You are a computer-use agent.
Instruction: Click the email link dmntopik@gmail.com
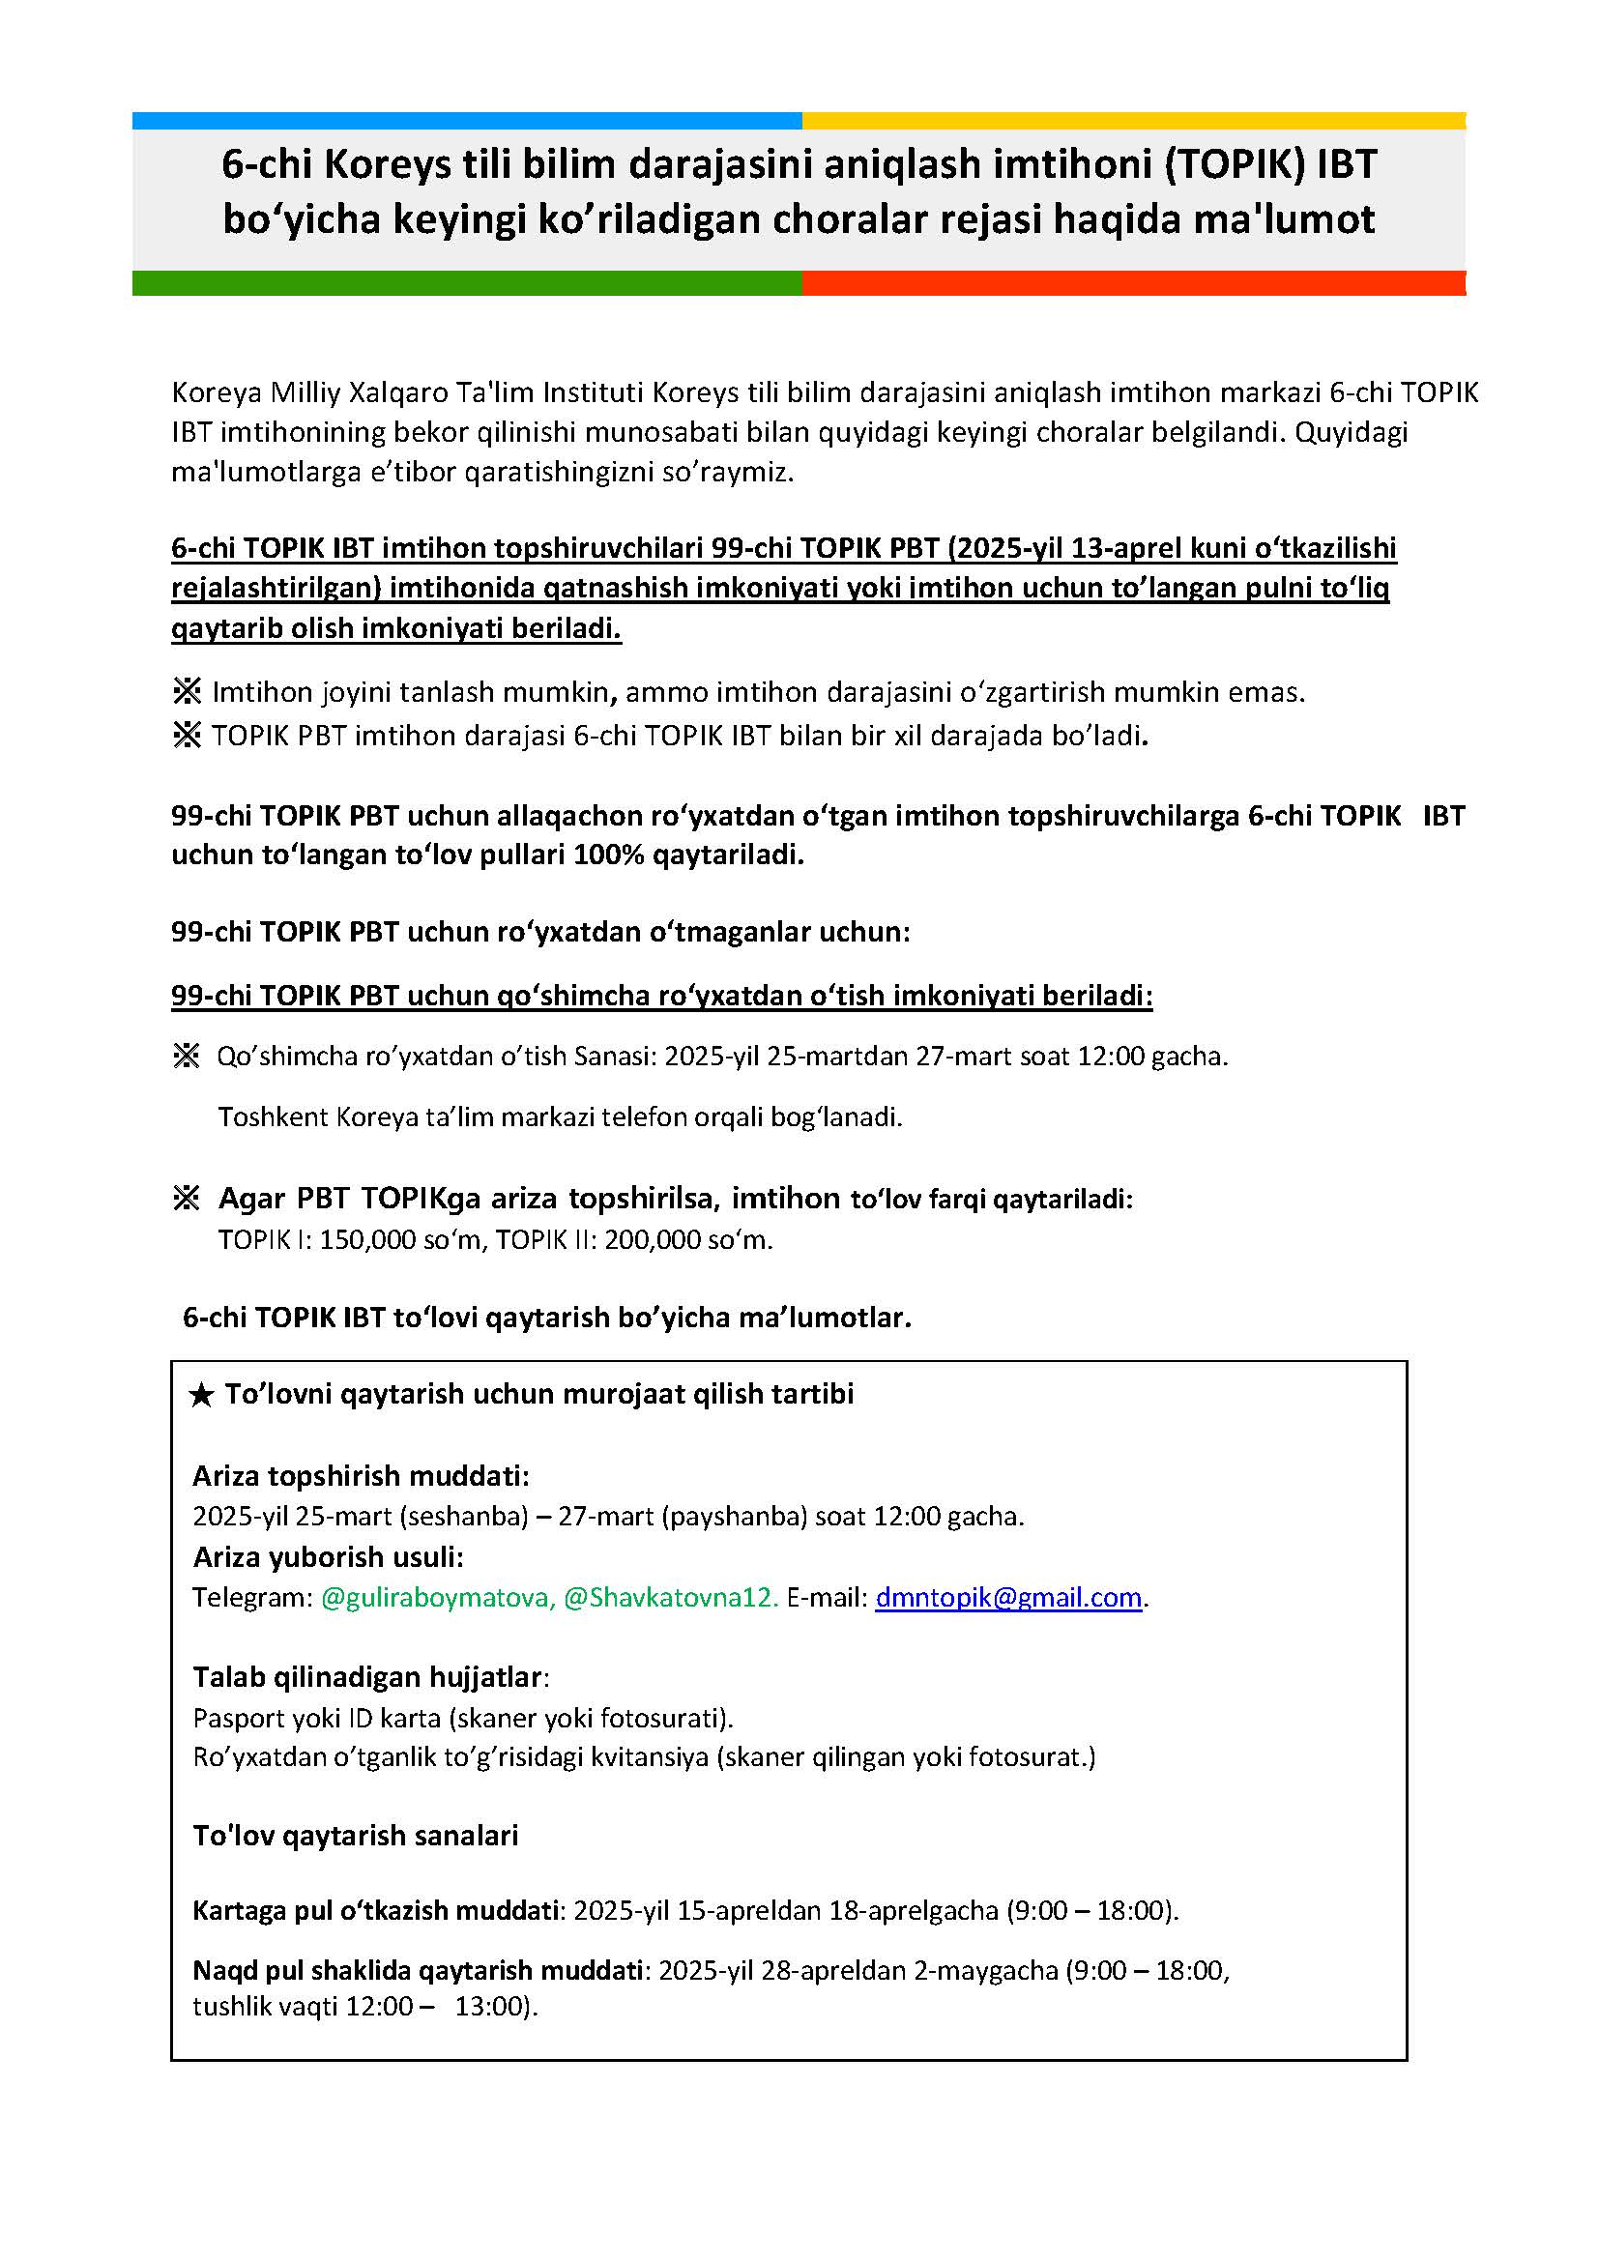tap(1008, 1597)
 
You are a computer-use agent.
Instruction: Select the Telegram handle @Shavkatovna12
tap(671, 1597)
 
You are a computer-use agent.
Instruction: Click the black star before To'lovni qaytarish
tap(201, 1396)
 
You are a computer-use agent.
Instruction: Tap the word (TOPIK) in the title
tap(1235, 164)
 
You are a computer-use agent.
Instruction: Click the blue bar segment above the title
tap(467, 120)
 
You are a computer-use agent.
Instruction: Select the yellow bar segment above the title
tap(1132, 120)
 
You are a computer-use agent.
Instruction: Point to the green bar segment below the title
tap(467, 282)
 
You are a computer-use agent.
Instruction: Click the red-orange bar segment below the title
tap(1132, 282)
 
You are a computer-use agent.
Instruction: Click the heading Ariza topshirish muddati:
tap(361, 1476)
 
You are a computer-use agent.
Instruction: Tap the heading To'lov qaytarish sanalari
tap(355, 1836)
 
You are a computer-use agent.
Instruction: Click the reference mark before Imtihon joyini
tap(188, 692)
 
